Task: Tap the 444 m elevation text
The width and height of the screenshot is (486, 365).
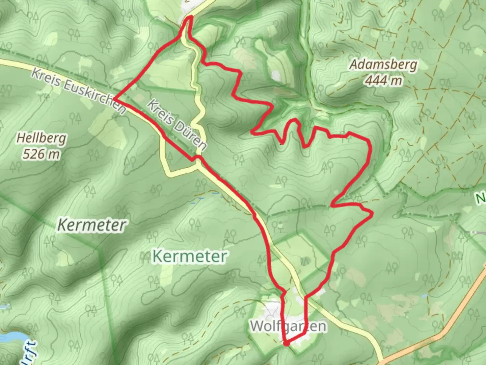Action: (x=384, y=80)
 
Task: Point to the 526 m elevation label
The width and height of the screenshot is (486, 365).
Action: (x=41, y=154)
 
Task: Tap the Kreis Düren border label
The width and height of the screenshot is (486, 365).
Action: (x=177, y=124)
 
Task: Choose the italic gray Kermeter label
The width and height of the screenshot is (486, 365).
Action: (x=92, y=225)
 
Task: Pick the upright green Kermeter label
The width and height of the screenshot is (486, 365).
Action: (x=189, y=256)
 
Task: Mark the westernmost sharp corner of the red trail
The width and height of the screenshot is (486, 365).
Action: (x=115, y=99)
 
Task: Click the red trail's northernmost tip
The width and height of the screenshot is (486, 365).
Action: (x=190, y=17)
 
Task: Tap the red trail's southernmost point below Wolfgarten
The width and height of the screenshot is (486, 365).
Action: (x=286, y=344)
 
